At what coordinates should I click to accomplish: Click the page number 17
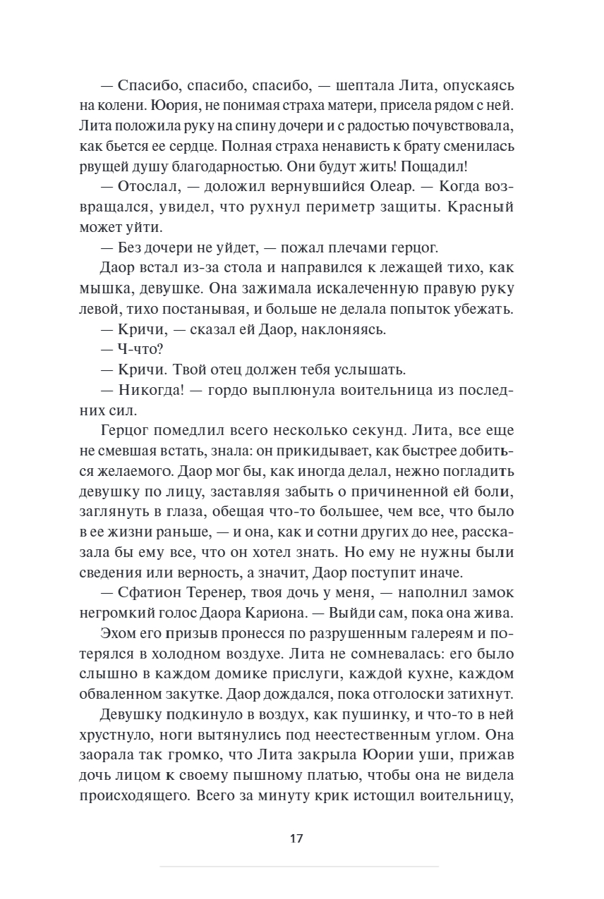(296, 838)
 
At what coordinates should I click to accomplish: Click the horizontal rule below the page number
(299, 866)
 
